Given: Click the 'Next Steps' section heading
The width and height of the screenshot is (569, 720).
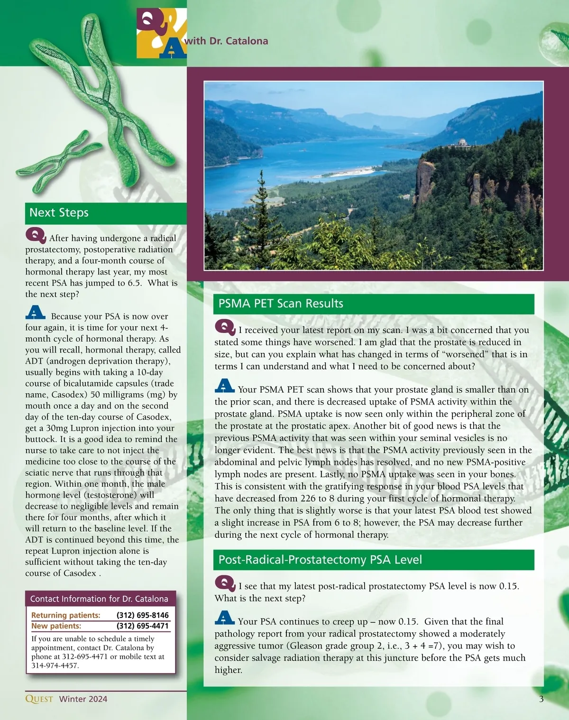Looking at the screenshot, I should click(59, 212).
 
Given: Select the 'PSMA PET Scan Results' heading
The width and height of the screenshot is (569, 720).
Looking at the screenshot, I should click(281, 304).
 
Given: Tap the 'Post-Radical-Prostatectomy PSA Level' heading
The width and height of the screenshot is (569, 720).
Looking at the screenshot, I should click(320, 560).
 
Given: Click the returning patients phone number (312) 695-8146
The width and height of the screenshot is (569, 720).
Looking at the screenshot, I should click(142, 615).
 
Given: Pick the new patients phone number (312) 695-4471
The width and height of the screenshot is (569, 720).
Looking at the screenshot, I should click(142, 626).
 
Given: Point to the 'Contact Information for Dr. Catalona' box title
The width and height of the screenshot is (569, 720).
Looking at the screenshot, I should click(99, 599).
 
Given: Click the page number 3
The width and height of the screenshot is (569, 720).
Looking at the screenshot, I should click(541, 699).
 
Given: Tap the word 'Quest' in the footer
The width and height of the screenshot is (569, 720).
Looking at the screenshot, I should click(39, 699).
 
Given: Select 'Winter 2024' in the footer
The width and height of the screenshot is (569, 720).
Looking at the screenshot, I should click(83, 699).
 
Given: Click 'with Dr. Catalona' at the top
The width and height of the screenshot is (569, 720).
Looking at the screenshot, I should click(226, 41).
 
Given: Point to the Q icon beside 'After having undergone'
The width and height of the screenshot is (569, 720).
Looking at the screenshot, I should click(36, 236).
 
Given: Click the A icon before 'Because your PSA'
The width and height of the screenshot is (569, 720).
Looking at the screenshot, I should click(36, 313).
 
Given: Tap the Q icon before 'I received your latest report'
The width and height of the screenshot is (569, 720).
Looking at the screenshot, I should click(225, 327).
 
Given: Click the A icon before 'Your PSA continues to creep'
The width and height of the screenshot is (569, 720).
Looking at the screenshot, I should click(225, 618).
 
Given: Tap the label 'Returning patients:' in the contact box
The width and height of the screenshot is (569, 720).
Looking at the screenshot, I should click(66, 615).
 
